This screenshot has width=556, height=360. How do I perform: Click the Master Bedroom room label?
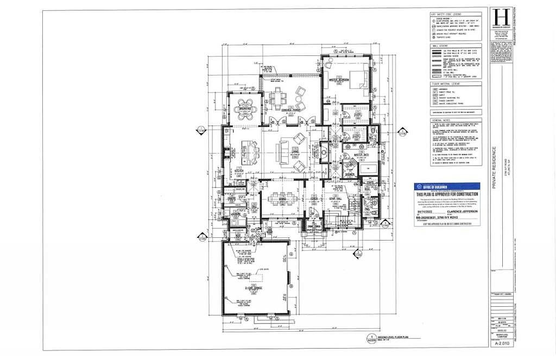338,81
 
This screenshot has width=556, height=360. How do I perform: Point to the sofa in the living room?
283,151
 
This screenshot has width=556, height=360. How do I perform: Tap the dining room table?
281,198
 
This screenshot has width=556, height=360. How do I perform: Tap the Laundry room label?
235,213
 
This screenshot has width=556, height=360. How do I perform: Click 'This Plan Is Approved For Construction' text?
447,194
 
